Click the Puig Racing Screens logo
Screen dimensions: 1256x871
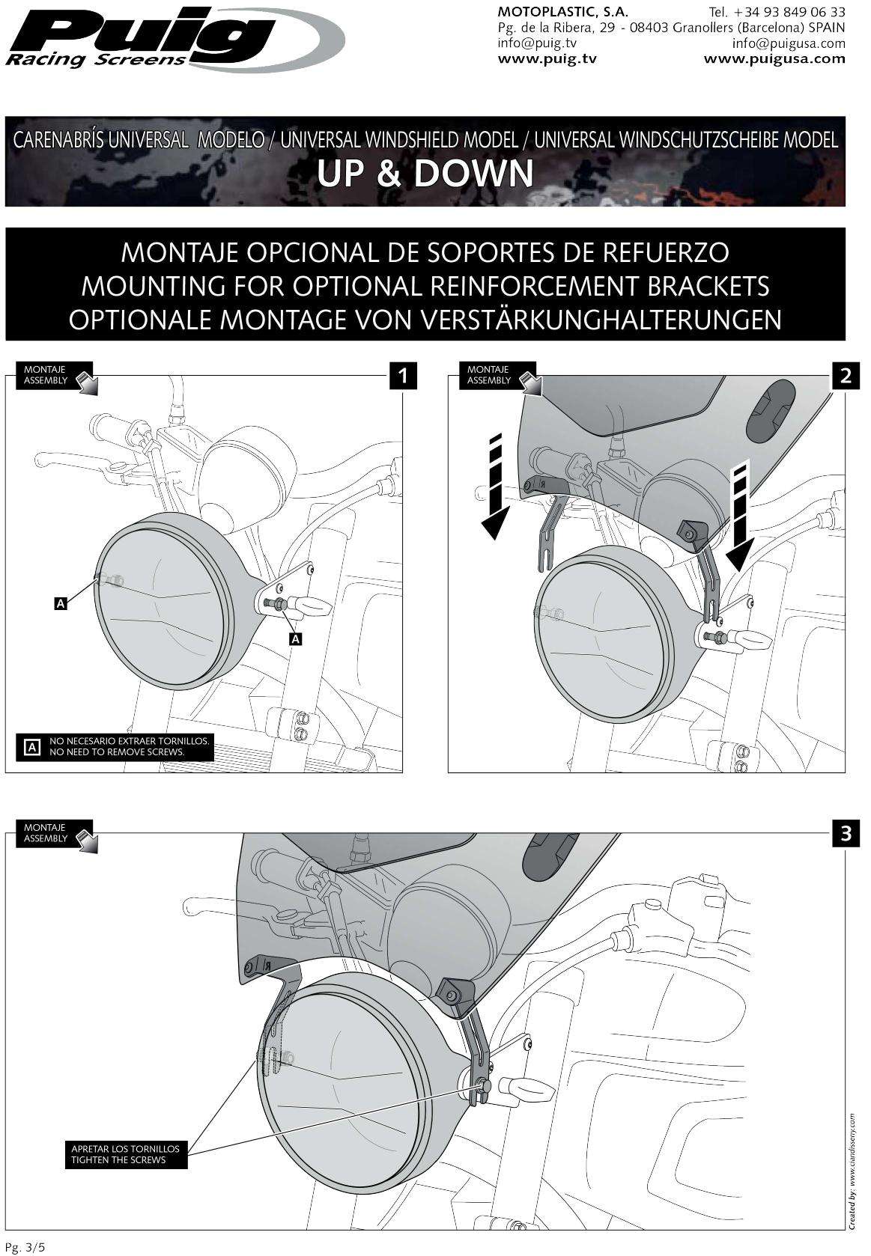pos(172,37)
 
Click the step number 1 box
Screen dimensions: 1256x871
pos(404,376)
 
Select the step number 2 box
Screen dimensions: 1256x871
pos(846,376)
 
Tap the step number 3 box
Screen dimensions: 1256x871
pos(846,834)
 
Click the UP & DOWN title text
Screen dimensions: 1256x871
pos(425,173)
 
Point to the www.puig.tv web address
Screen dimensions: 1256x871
pos(547,58)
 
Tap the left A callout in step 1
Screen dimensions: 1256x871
pos(61,602)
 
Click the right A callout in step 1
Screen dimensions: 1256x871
pos(296,638)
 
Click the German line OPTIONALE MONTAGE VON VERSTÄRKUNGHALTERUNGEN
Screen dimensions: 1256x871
pos(425,320)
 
